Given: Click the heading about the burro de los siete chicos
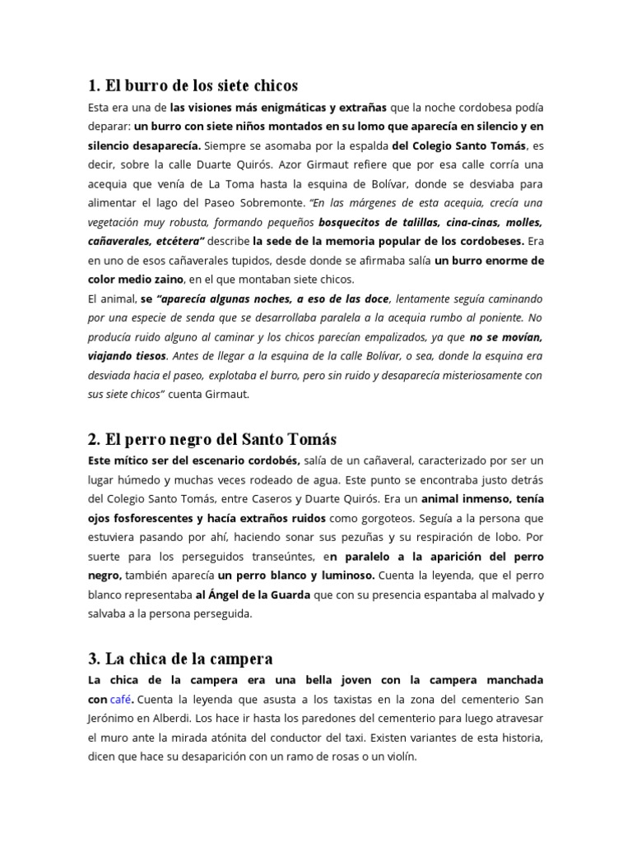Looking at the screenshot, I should pyautogui.click(x=193, y=85).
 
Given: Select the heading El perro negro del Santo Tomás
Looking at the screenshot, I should pyautogui.click(x=212, y=439).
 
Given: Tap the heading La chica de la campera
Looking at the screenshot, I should pyautogui.click(x=179, y=659).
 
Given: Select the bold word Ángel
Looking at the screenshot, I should pyautogui.click(x=226, y=594).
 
